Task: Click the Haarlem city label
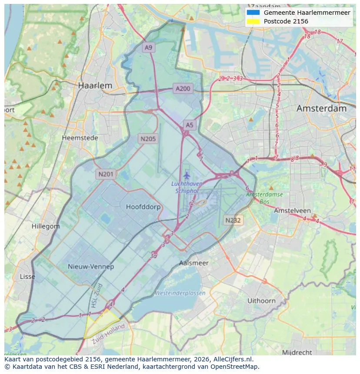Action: click(95, 86)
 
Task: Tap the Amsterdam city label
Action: click(321, 109)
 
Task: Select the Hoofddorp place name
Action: click(143, 207)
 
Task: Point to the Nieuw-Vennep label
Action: click(91, 266)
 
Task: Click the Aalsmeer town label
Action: click(194, 263)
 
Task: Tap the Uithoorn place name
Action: click(261, 301)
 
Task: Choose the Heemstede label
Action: click(80, 138)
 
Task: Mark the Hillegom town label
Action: click(46, 226)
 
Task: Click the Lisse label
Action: click(27, 277)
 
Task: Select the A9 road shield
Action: click(149, 47)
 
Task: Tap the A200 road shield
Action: click(183, 89)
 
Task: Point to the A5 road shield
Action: click(190, 125)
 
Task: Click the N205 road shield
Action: click(148, 139)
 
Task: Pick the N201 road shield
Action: click(106, 175)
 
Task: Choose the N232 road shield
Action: click(233, 220)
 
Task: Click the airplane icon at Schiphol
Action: click(187, 175)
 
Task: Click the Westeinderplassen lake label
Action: click(180, 293)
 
